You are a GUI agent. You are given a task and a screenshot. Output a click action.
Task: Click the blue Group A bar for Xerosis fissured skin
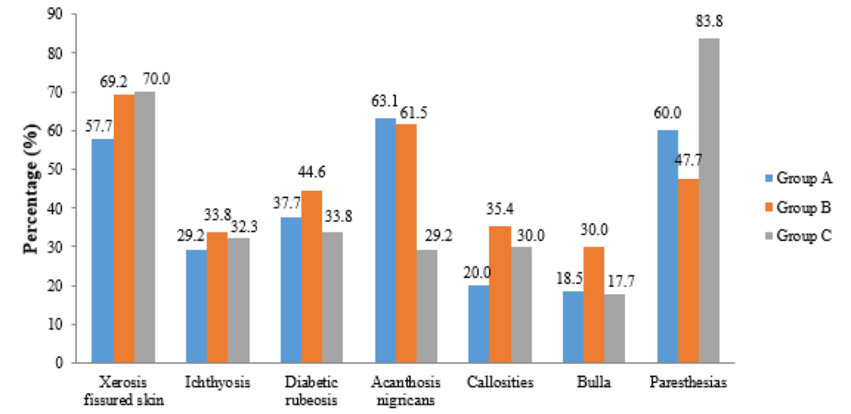pyautogui.click(x=104, y=251)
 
